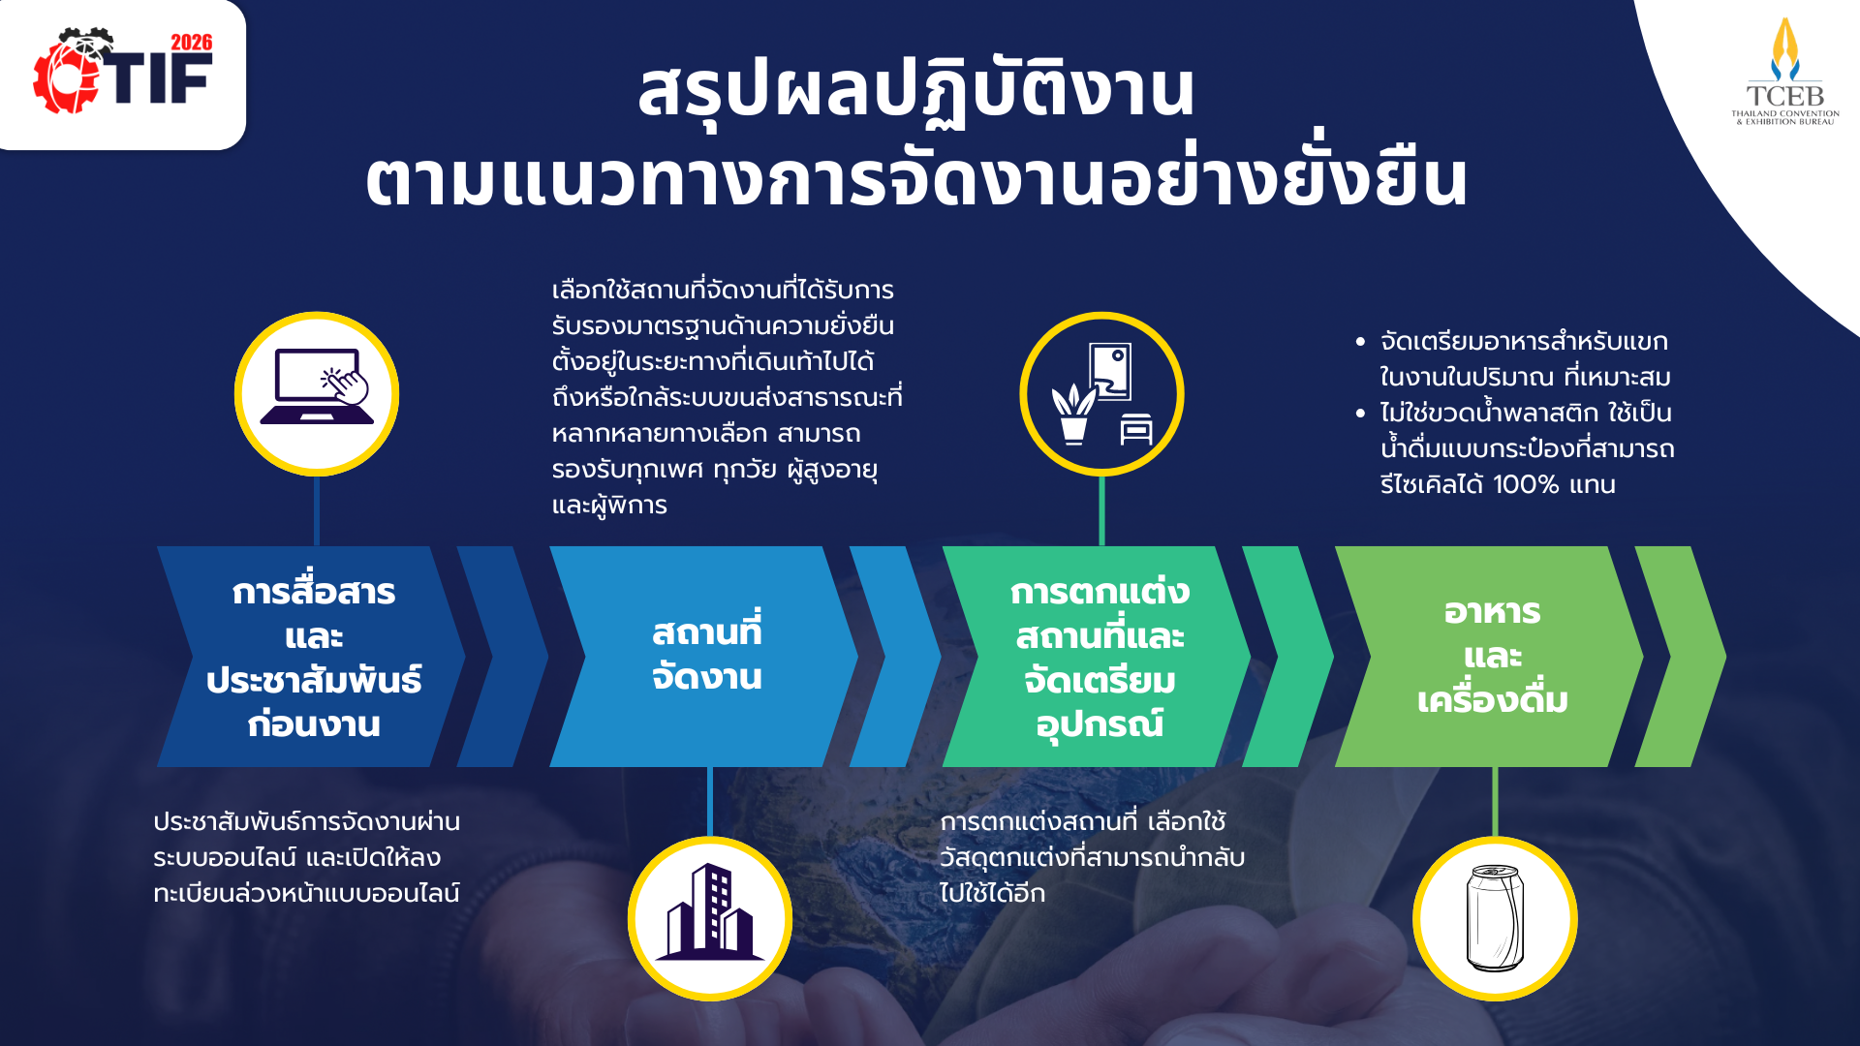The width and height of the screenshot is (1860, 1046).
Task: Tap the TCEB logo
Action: [1785, 72]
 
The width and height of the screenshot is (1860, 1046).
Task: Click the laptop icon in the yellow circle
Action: [317, 387]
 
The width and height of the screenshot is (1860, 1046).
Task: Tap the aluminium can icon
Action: [1495, 917]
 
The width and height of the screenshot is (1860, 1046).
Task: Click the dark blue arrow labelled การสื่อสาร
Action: [311, 657]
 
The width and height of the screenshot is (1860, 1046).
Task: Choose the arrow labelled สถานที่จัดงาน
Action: [704, 657]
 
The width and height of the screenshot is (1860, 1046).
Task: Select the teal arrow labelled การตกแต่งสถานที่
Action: [1097, 657]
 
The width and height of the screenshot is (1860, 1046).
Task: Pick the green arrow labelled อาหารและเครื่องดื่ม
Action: [1489, 657]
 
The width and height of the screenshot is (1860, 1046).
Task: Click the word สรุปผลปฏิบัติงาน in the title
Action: [916, 91]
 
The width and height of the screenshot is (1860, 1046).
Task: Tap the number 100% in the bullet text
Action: [1526, 484]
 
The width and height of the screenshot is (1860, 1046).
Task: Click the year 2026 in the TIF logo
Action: [191, 43]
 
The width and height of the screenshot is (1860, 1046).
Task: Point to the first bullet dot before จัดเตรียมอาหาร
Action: [1360, 342]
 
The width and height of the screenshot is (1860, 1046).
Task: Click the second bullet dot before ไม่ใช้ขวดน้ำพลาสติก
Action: [1360, 414]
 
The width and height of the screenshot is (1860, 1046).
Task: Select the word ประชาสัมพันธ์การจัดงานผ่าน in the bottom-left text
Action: [306, 822]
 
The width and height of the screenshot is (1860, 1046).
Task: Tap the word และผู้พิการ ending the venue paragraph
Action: [609, 506]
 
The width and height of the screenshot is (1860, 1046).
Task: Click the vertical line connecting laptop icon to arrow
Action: [317, 510]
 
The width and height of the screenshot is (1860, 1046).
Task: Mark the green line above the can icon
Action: [1495, 803]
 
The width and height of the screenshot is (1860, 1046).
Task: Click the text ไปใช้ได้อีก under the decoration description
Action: [992, 893]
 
